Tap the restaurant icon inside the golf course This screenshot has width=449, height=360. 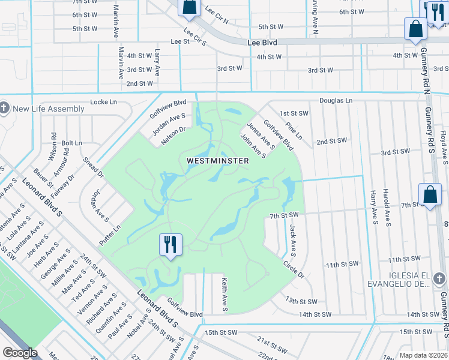pyautogui.click(x=170, y=244)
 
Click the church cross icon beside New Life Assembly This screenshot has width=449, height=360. pyautogui.click(x=5, y=109)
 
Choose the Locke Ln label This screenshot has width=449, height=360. pyautogui.click(x=103, y=102)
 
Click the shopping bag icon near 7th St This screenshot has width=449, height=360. pyautogui.click(x=430, y=194)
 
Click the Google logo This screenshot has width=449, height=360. pyautogui.click(x=20, y=353)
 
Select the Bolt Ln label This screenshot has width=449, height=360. pyautogui.click(x=71, y=143)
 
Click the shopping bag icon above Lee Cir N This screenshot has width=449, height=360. pyautogui.click(x=188, y=7)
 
